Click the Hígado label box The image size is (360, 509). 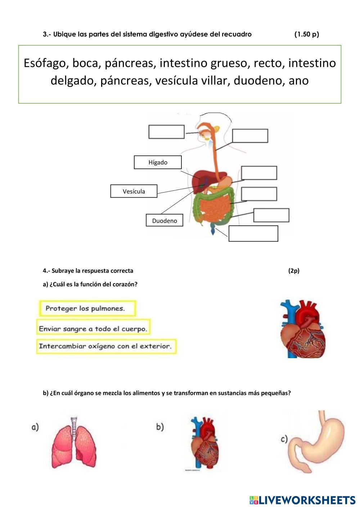coord(158,162)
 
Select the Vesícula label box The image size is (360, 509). coord(134,191)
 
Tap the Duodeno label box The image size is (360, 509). coord(164,220)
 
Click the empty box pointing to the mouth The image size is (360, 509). coord(166,132)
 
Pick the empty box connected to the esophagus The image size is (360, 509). coord(250,136)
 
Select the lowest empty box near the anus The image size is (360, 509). coord(253,233)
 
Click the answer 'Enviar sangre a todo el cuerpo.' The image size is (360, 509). coord(93,329)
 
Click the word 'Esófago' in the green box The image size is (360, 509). coord(46,63)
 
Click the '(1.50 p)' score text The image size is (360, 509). coord(306,34)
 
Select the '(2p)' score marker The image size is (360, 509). coord(293,271)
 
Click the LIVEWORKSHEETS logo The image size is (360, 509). coord(302,500)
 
